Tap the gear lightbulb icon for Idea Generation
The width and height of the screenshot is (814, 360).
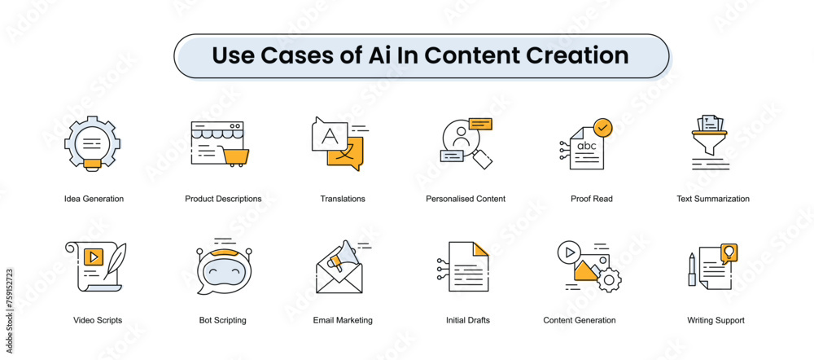(x=92, y=143)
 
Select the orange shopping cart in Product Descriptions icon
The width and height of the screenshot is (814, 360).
(x=235, y=155)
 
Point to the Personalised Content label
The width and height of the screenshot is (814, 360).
(x=466, y=199)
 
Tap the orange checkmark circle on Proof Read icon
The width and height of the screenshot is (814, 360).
(x=603, y=128)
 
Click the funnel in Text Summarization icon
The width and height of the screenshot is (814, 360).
(x=710, y=139)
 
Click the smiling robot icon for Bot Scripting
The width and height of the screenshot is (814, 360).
(x=221, y=268)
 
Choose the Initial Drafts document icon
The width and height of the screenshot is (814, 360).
(x=468, y=266)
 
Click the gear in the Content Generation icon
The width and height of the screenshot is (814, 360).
(x=608, y=280)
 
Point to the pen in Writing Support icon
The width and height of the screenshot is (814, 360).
(x=692, y=269)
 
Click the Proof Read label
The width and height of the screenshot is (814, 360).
(x=592, y=199)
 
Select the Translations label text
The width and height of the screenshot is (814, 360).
(x=343, y=199)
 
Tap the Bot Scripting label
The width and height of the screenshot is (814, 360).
(x=222, y=320)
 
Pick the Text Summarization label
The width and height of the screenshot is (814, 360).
(x=713, y=199)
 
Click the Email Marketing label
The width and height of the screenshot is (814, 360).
(x=343, y=320)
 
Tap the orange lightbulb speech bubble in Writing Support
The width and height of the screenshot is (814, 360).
(x=729, y=252)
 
